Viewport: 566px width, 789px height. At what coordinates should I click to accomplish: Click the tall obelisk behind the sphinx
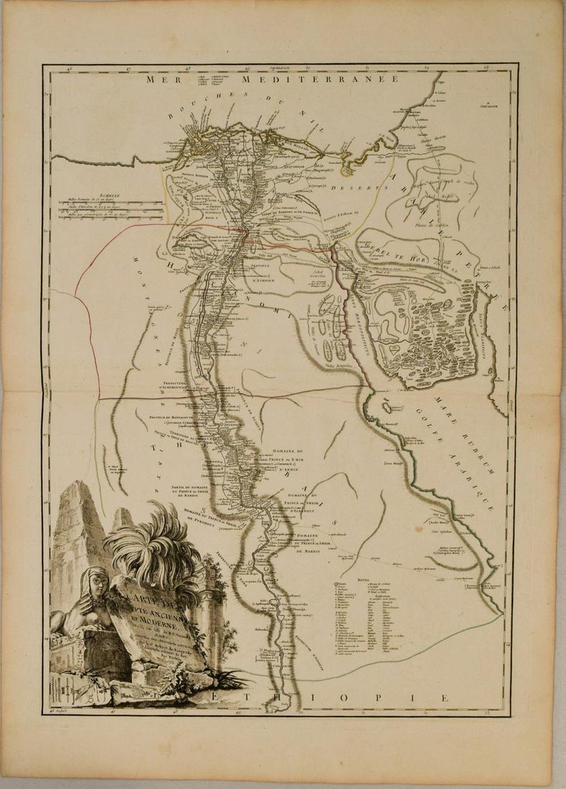tap(75, 531)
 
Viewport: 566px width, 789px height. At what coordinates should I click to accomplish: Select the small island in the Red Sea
tap(388, 407)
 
